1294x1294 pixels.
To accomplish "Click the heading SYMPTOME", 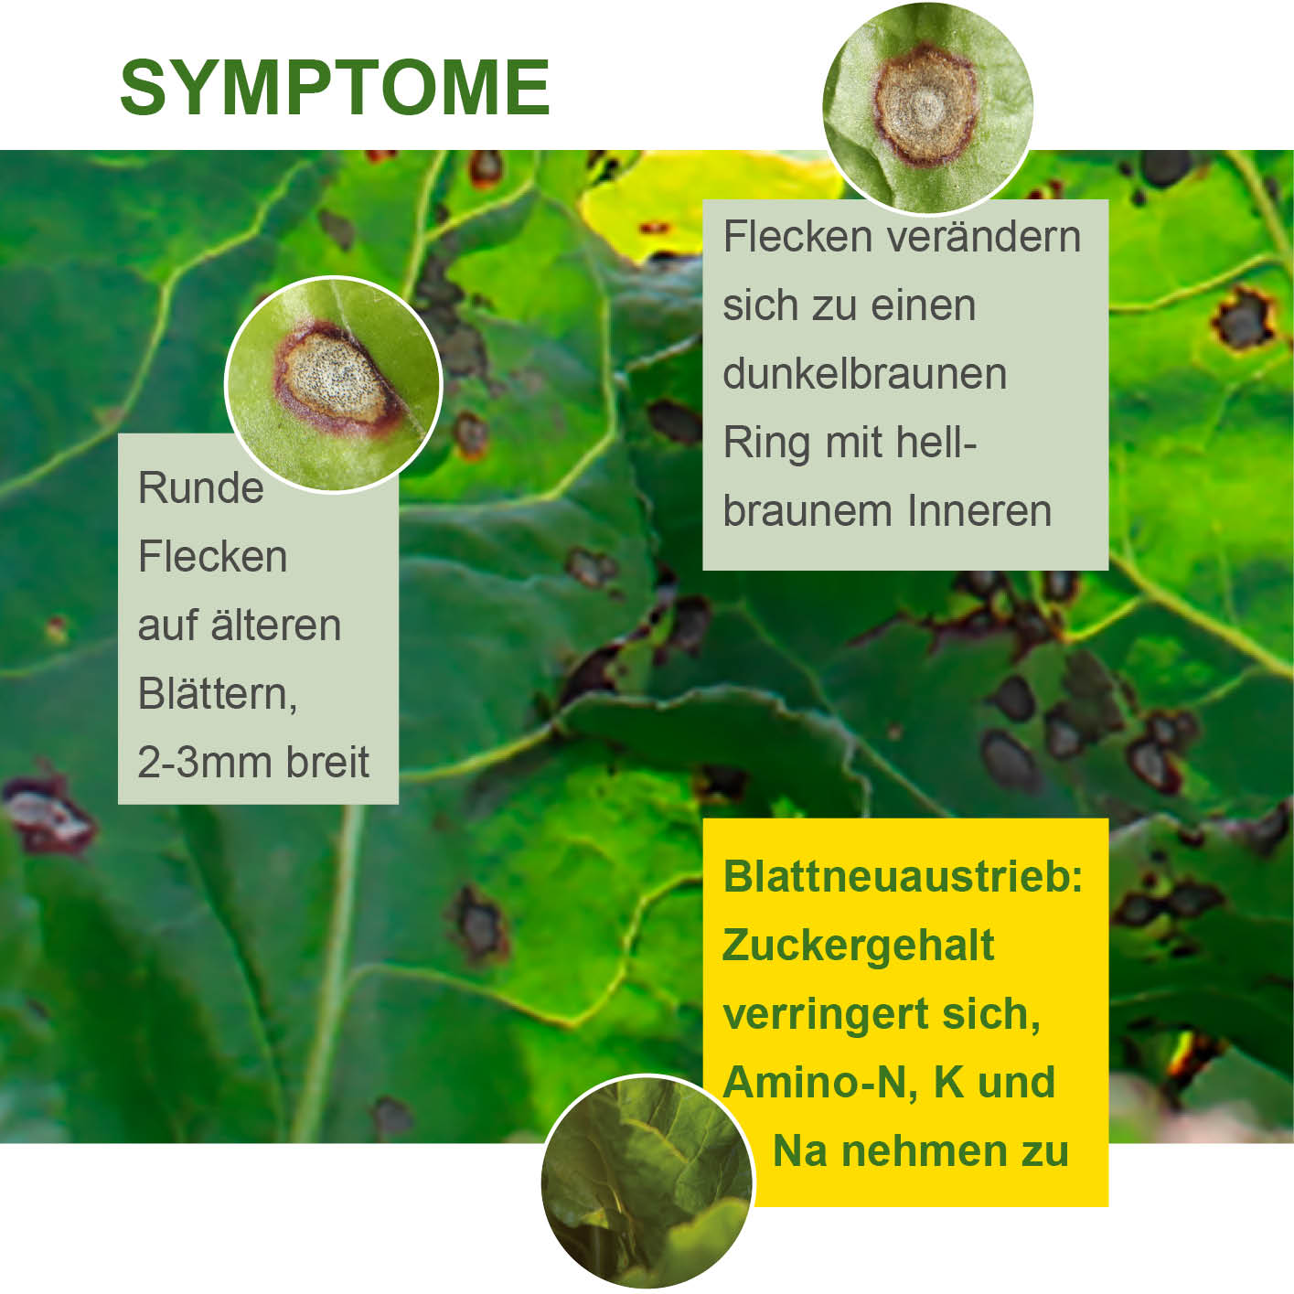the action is [x=335, y=87].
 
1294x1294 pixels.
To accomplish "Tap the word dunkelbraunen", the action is [x=865, y=373].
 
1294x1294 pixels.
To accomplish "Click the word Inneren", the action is [x=979, y=511].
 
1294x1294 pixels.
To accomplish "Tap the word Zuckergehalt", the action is [x=858, y=946].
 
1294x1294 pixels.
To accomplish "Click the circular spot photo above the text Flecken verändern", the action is [x=927, y=107].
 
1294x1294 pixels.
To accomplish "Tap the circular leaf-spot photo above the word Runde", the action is [x=333, y=384].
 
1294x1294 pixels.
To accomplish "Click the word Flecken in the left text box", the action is [x=212, y=556].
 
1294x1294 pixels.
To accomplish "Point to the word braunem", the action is [x=807, y=511].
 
